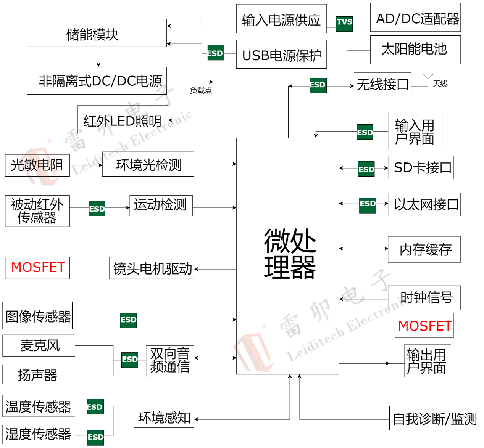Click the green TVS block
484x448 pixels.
344,24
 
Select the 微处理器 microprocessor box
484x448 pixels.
288,255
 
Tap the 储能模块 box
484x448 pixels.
97,33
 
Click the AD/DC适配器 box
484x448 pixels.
415,18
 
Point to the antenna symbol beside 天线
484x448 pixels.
428,79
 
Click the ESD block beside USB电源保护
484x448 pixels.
216,53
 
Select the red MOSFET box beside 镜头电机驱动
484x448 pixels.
37,268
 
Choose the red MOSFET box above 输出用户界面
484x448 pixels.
424,325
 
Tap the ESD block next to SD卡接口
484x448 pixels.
366,169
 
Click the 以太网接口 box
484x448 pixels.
424,205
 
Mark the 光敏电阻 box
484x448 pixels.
37,165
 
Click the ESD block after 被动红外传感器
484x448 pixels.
97,209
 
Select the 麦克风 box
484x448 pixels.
39,346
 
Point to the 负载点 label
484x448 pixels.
201,90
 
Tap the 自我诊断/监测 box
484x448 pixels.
435,418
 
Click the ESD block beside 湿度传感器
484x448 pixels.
95,437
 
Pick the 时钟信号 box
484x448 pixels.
424,298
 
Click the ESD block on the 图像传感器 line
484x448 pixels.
128,320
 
